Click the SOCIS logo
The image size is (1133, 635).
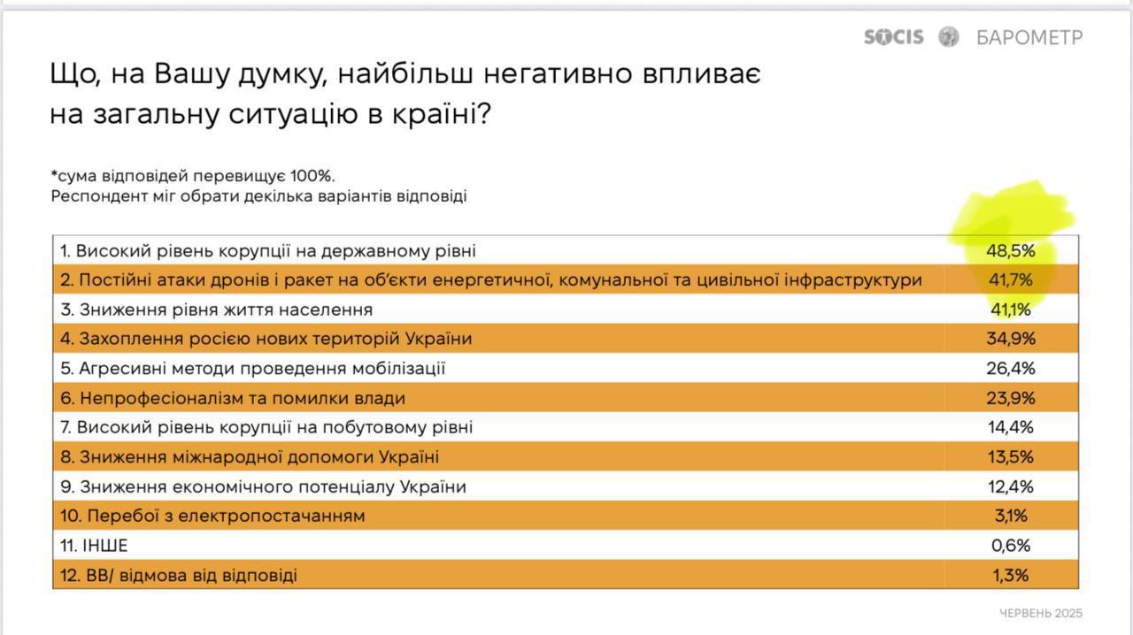[894, 37]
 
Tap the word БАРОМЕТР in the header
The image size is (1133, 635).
[1029, 37]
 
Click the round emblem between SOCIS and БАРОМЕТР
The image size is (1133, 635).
[948, 37]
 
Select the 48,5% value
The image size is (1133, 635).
[1011, 251]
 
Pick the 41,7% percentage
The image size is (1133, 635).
[1011, 279]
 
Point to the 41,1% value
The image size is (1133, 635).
[1011, 309]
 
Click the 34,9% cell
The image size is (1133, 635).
[1011, 338]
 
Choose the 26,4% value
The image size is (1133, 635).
[1011, 368]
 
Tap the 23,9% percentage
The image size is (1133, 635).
[1011, 398]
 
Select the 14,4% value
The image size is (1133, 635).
[1011, 427]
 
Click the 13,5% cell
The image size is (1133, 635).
[1011, 457]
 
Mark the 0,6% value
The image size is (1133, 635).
[1011, 546]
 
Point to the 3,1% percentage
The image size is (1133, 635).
[1011, 516]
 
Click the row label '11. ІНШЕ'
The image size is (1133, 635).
[94, 546]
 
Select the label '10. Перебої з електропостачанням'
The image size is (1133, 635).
[212, 516]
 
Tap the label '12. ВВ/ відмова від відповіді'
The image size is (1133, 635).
[179, 576]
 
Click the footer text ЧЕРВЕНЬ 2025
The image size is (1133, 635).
[1041, 613]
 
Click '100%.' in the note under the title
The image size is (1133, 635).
[312, 176]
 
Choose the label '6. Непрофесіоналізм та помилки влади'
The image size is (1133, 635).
[233, 398]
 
